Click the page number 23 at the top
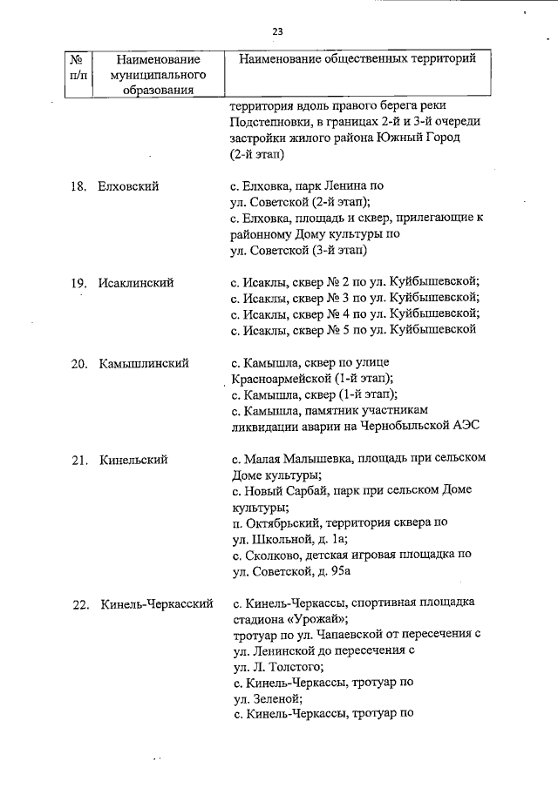(278, 31)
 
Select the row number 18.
(78, 186)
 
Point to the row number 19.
(78, 283)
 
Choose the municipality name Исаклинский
(136, 283)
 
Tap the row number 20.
(78, 363)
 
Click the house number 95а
(338, 570)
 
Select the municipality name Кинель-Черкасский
(157, 603)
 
